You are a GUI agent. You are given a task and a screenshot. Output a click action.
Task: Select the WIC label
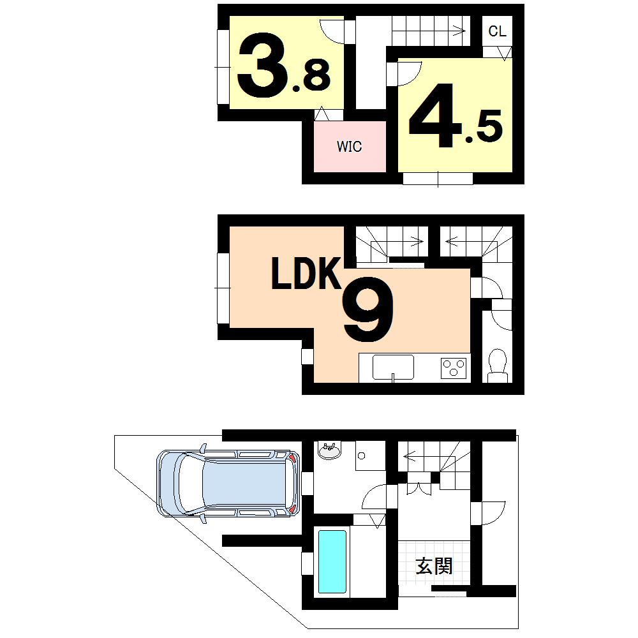pos(350,147)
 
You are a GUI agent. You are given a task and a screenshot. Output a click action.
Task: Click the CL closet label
pos(498,31)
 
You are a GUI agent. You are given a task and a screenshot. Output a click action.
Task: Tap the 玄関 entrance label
pos(434,565)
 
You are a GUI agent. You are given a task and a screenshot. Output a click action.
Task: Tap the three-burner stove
pos(454,367)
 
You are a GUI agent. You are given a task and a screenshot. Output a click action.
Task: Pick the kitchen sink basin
pos(393,367)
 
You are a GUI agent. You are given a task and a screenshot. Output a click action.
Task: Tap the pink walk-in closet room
pos(350,147)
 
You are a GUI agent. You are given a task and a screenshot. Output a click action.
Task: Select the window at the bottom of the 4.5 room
pos(438,179)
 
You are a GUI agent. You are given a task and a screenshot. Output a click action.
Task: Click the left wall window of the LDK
pos(223,288)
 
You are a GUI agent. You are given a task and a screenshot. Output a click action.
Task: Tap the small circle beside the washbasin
pos(361,456)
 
